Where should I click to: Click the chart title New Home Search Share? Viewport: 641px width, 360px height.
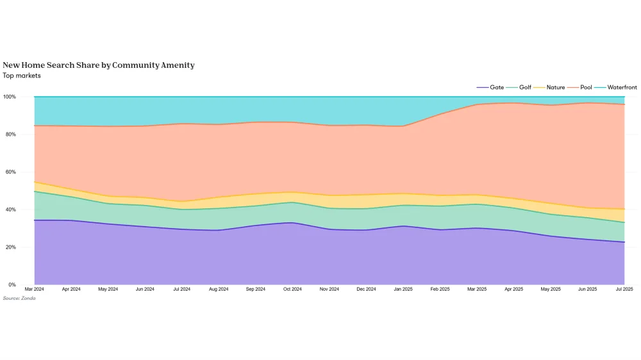coord(99,65)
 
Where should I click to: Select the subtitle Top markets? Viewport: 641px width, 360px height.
coord(22,76)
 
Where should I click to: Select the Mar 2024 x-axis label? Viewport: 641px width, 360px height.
coord(35,290)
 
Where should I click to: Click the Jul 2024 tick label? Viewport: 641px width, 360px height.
coord(182,290)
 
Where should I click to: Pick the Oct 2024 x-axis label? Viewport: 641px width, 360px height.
coord(292,290)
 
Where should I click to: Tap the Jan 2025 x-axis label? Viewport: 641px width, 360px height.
coord(403,290)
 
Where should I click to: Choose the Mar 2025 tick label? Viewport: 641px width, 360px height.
coord(477,290)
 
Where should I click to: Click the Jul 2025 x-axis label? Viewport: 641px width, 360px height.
coord(624,290)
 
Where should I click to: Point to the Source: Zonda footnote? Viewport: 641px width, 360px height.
coord(19,299)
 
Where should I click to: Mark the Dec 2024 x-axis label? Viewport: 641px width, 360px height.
coord(366,290)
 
